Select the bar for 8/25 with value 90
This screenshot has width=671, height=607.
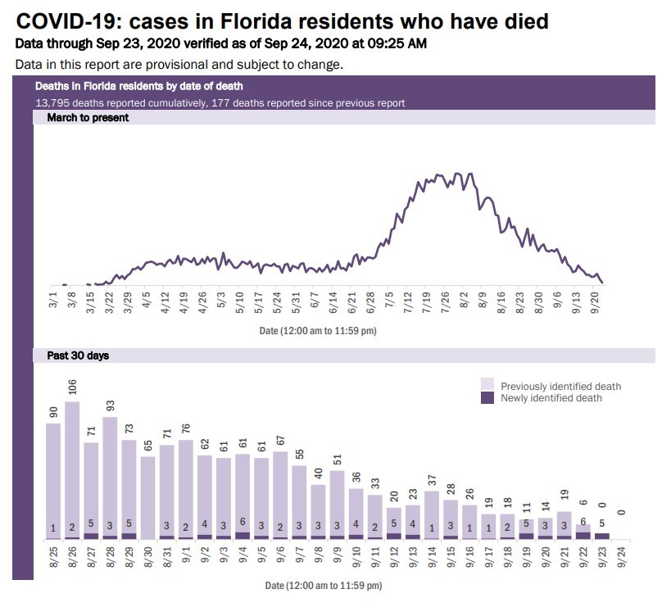coord(53,480)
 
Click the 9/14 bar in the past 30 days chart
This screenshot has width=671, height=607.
coord(432,514)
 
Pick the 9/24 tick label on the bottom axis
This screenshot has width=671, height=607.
coord(621,558)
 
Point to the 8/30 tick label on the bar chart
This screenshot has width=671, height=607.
coord(148,558)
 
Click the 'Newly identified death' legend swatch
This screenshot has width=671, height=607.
coord(487,398)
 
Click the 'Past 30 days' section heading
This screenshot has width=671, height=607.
coord(72,356)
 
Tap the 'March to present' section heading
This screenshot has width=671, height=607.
coord(82,117)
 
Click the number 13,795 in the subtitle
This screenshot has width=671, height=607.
coord(52,103)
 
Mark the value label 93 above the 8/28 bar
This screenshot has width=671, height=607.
coord(111,405)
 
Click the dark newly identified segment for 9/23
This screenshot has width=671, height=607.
coord(601,536)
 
